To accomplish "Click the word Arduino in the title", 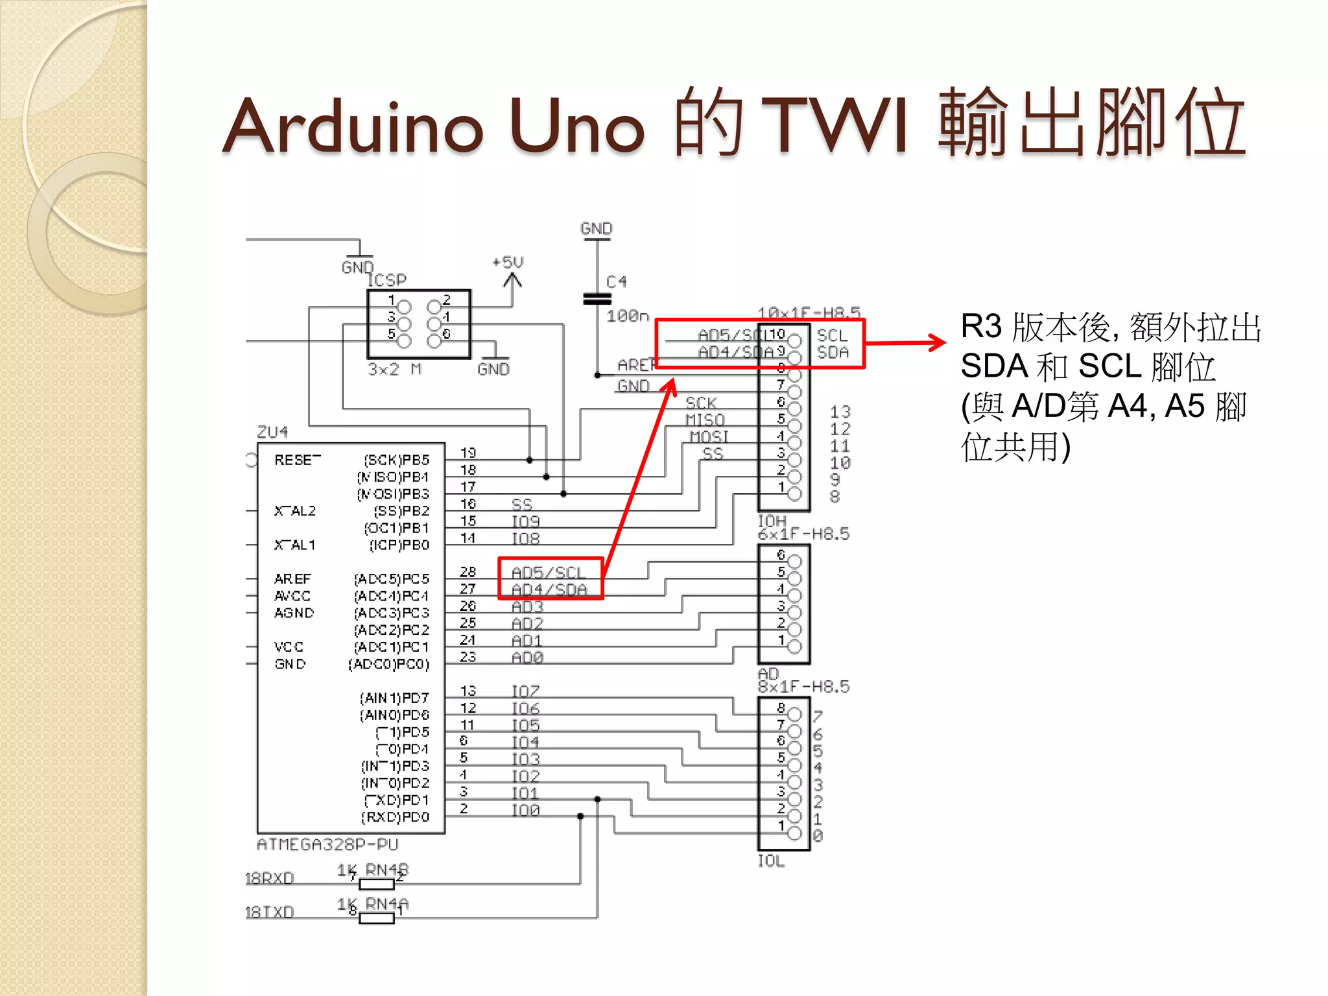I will [x=353, y=126].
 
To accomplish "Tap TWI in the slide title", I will [x=836, y=126].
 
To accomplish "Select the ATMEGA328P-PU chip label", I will [x=327, y=844].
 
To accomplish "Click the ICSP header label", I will [x=386, y=280].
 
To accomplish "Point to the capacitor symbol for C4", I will [x=597, y=299].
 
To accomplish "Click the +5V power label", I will [x=508, y=263].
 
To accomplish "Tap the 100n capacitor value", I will [x=628, y=316].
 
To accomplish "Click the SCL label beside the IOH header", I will [x=833, y=335].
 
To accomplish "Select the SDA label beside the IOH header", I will [x=833, y=352].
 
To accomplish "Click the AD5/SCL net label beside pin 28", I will [x=549, y=573].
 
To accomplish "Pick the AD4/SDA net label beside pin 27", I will [x=549, y=589].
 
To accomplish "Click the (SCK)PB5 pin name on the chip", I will [x=397, y=460].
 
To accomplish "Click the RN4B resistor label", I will [x=387, y=870].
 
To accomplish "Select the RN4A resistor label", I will [x=387, y=903].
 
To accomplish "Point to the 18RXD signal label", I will [x=269, y=879].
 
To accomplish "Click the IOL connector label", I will [x=771, y=861].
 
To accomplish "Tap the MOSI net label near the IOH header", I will [x=709, y=436].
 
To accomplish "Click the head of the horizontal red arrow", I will [x=939, y=342].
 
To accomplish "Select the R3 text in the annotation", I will [x=981, y=326].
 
